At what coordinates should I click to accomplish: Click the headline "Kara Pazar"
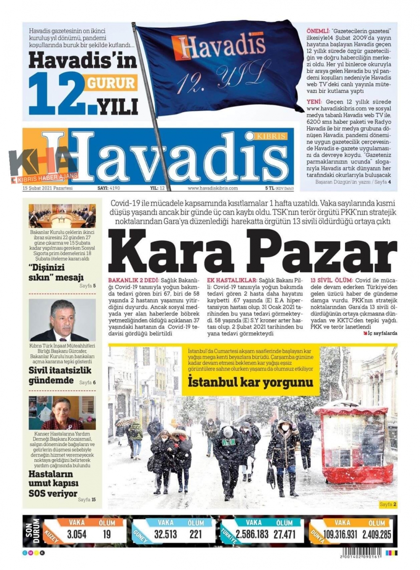point(252,252)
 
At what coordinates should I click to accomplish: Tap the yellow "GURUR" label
point(111,83)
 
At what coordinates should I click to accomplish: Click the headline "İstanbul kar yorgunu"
point(250,383)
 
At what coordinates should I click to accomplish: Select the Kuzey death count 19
point(107,534)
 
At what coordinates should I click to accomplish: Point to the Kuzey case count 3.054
point(76,534)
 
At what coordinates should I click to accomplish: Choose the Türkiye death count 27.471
point(285,534)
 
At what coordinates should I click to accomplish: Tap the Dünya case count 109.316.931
point(340,534)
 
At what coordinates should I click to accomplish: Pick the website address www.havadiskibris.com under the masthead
point(213,188)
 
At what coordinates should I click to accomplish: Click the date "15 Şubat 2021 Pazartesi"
point(47,188)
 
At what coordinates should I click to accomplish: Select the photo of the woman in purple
point(62,413)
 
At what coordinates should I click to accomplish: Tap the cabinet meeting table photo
point(62,216)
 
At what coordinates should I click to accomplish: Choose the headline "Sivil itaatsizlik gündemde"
point(59,375)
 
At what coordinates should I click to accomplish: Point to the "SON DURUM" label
point(32,531)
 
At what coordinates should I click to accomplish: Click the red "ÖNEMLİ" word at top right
point(318,31)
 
